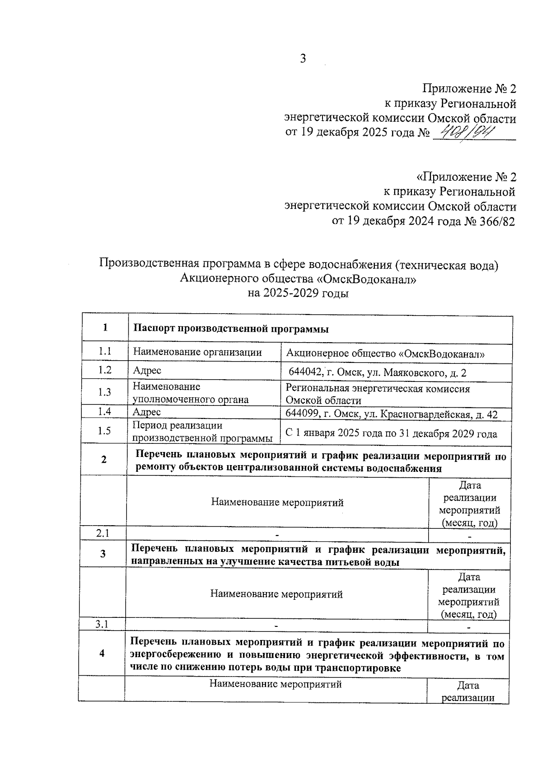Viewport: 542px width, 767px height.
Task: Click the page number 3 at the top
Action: point(303,59)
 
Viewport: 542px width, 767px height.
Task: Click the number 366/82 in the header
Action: point(496,221)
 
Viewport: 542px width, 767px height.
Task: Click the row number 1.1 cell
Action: point(105,352)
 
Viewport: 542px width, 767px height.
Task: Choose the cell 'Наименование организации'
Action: point(197,353)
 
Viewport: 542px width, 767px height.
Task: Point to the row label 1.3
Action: point(105,392)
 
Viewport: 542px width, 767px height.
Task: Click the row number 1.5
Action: point(104,431)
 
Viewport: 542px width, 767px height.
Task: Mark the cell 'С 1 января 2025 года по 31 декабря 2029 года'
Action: point(391,433)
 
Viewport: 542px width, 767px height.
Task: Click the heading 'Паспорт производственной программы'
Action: point(230,329)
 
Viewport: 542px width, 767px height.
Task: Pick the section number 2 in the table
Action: point(104,459)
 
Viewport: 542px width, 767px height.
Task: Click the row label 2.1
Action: point(103,533)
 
